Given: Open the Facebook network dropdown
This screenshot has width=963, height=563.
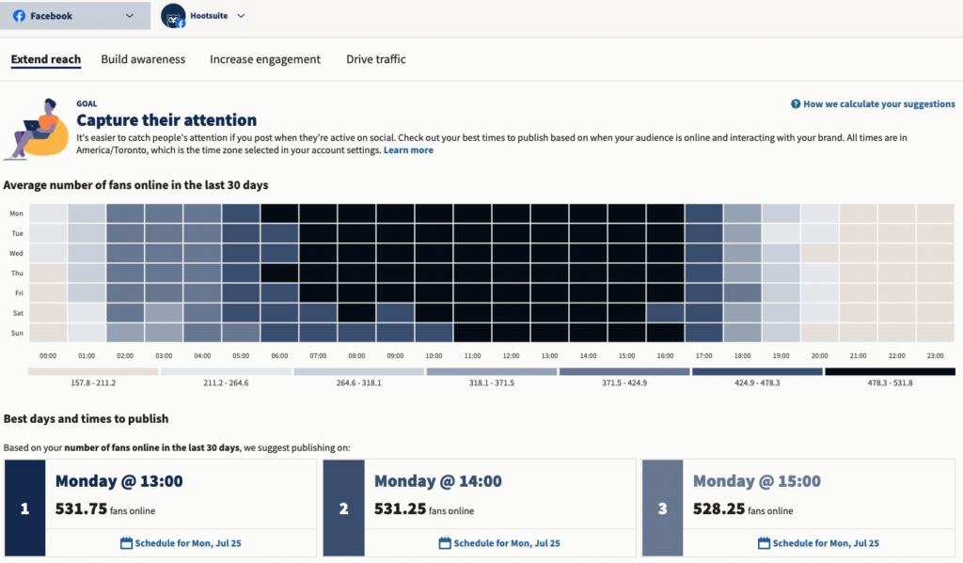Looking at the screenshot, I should (x=74, y=16).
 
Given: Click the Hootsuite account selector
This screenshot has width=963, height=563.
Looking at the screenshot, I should (x=203, y=16).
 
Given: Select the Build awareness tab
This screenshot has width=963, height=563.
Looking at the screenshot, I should (x=143, y=59).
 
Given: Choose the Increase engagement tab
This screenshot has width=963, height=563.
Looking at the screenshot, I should (x=264, y=59).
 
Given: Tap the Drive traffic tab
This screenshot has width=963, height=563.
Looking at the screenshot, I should (x=375, y=59).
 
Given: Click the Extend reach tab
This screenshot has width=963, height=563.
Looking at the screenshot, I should (x=46, y=59).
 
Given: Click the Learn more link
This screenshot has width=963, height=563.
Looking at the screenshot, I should (x=408, y=150).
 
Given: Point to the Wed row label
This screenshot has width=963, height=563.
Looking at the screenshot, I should (x=16, y=254).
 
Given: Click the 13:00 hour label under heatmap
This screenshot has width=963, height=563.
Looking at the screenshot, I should (x=549, y=356).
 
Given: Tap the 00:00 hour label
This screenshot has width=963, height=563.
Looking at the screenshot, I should (x=48, y=356).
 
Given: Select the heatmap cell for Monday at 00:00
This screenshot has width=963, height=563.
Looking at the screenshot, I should (x=48, y=214).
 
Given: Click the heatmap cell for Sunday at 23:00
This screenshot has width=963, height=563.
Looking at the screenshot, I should (x=935, y=333).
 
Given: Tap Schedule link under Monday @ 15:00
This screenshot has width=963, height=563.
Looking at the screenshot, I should (x=818, y=543).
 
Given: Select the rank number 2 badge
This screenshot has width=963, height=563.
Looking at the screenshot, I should (x=343, y=508).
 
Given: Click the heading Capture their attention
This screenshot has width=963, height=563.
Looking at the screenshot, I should (x=166, y=120).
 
